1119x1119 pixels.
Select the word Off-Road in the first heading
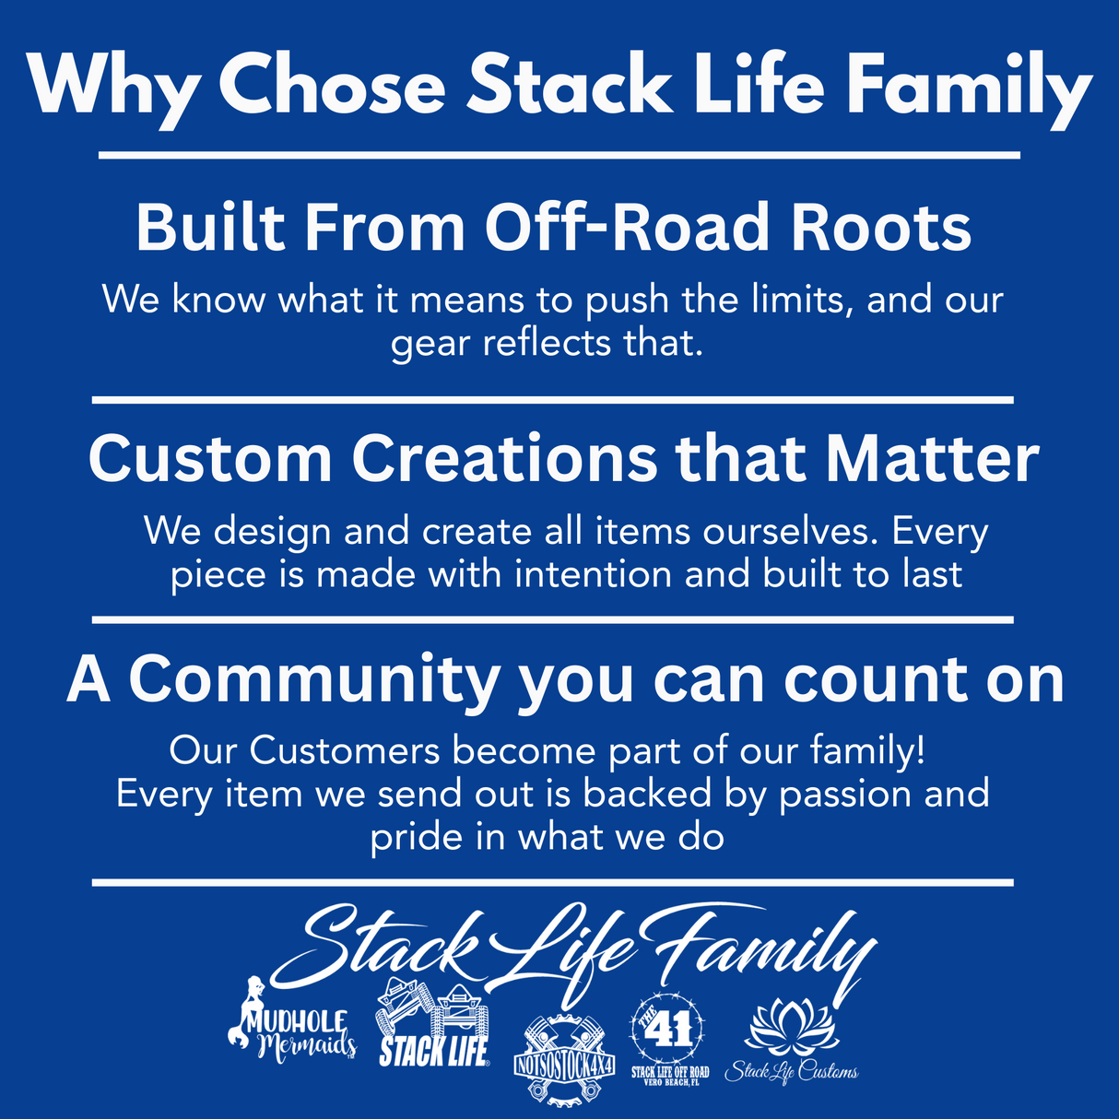tap(628, 228)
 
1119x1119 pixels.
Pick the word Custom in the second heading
tap(210, 458)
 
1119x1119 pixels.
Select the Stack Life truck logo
tap(433, 1024)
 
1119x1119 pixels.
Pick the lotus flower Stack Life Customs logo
tap(791, 1042)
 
